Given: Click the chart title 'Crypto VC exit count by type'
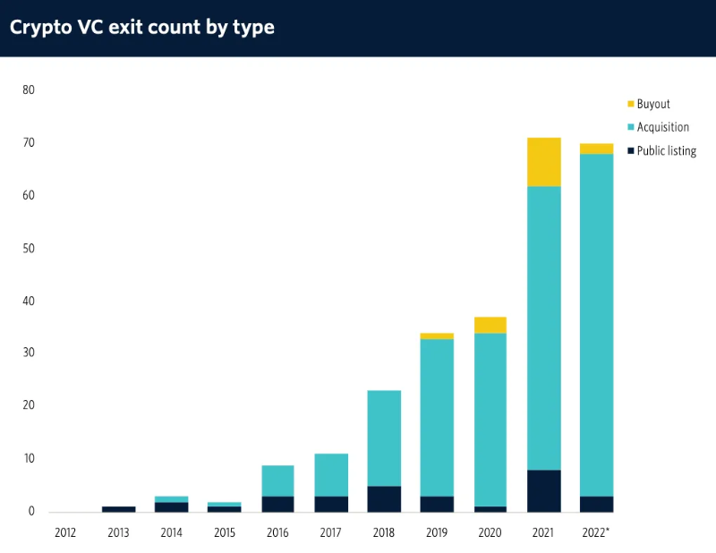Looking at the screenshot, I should [x=141, y=28].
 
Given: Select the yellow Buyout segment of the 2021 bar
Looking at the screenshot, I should [x=543, y=162].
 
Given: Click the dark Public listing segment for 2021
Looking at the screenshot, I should [x=543, y=490].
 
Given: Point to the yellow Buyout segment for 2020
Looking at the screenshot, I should [x=490, y=325].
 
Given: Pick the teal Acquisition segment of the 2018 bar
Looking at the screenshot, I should [x=384, y=438].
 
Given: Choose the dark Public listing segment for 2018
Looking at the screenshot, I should [x=384, y=498].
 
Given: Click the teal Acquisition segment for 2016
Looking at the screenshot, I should [x=277, y=481].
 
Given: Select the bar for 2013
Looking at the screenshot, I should [x=118, y=508].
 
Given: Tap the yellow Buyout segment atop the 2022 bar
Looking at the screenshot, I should [x=597, y=149].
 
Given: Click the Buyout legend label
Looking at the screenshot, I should [x=653, y=104].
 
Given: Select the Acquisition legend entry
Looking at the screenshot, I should [x=662, y=127].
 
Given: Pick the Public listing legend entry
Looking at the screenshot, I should [x=666, y=150].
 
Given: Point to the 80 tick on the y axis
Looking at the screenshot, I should [x=29, y=90].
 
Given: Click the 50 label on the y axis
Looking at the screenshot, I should [x=29, y=249].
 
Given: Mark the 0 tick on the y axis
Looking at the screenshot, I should [x=31, y=512].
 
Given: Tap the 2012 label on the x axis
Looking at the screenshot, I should [x=65, y=532].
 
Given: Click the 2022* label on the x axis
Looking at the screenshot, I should [x=596, y=532].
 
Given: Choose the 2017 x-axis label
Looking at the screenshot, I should [x=330, y=532].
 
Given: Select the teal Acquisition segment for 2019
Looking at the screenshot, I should [x=437, y=417].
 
